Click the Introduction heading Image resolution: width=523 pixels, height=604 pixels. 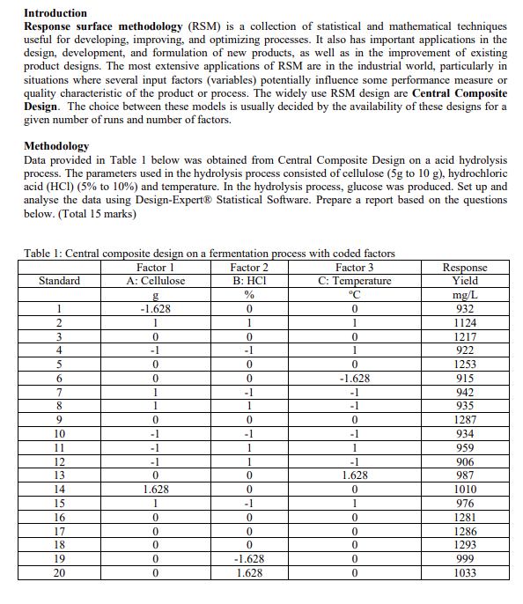(55, 13)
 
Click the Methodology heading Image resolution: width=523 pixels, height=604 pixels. (56, 145)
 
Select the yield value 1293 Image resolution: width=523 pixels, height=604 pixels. (464, 546)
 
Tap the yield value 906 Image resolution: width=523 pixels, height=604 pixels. (464, 461)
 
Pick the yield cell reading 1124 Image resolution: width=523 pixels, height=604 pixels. (464, 322)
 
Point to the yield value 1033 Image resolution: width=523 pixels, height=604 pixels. (464, 573)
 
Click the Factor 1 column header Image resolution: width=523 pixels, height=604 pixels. (156, 267)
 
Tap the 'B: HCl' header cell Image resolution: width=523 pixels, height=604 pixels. (249, 281)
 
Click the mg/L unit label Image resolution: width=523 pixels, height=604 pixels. (464, 295)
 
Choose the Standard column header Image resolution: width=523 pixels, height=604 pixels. (59, 281)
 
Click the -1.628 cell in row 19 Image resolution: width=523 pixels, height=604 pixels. (249, 559)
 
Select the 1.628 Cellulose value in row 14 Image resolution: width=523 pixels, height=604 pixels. (156, 490)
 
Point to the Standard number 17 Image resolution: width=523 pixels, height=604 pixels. (59, 532)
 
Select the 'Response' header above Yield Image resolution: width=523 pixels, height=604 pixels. (464, 268)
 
